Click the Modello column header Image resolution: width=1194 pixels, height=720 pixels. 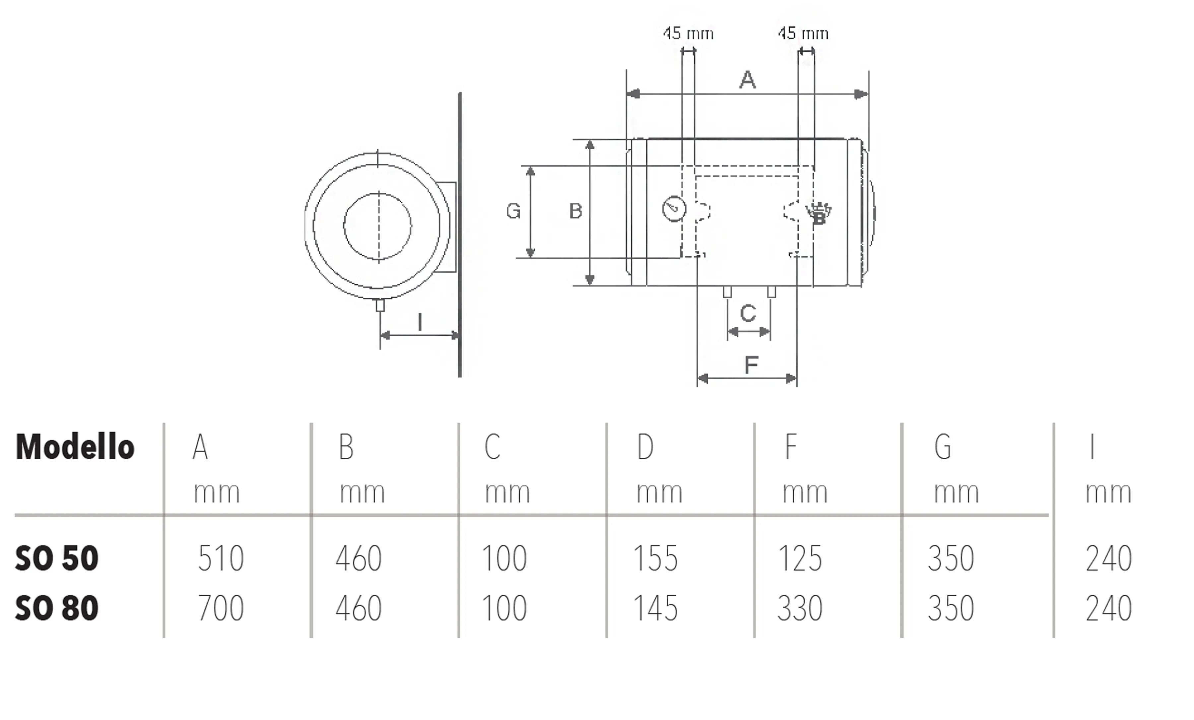tap(75, 447)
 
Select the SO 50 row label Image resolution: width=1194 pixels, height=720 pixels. tap(57, 558)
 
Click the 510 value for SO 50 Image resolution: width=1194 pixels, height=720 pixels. tap(221, 558)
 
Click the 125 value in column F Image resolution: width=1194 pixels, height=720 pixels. tap(800, 558)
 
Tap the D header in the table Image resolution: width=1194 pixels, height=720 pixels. tap(645, 447)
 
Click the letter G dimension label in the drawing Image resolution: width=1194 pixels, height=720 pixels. tap(513, 211)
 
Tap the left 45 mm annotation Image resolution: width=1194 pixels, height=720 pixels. tap(688, 33)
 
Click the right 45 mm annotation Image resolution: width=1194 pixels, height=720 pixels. tap(803, 33)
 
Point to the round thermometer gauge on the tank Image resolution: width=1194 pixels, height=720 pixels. tap(674, 209)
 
